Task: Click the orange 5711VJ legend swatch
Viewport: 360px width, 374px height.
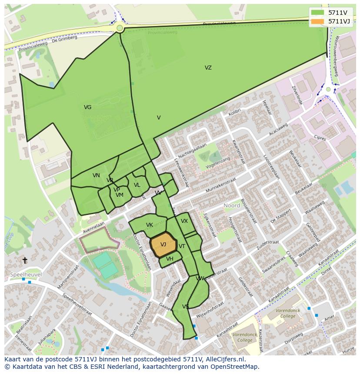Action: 318,21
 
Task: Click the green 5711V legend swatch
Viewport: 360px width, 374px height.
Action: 318,13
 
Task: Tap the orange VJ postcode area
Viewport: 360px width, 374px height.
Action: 163,245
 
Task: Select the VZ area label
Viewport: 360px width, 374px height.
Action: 208,68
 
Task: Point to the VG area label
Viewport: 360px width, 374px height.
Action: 87,107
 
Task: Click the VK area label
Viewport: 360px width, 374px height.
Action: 149,225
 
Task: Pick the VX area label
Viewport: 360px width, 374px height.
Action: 184,221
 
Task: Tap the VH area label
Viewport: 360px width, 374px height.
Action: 170,259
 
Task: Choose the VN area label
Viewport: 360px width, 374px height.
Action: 96,175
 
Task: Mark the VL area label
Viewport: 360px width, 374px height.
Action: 137,185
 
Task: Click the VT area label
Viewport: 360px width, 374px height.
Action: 182,246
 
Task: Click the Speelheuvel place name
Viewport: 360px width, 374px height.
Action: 25,275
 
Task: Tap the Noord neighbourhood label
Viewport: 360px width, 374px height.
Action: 232,205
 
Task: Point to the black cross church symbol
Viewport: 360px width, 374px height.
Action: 25,260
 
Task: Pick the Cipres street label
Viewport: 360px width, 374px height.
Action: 320,138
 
